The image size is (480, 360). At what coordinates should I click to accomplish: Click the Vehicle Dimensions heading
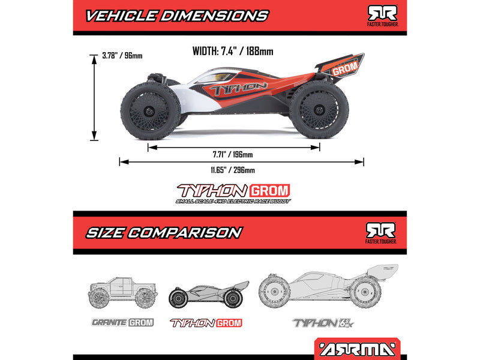[x=176, y=16]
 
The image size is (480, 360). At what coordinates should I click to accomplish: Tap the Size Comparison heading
[x=163, y=232]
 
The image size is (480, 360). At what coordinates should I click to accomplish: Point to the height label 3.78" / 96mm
[x=122, y=56]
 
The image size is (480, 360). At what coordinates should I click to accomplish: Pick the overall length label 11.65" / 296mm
[x=233, y=170]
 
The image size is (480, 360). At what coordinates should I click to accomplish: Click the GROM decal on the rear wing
[x=345, y=68]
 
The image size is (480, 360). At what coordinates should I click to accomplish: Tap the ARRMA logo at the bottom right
[x=356, y=348]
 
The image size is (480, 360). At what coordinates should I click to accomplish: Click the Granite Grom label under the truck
[x=122, y=322]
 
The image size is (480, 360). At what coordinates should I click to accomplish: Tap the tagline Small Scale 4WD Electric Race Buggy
[x=233, y=201]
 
